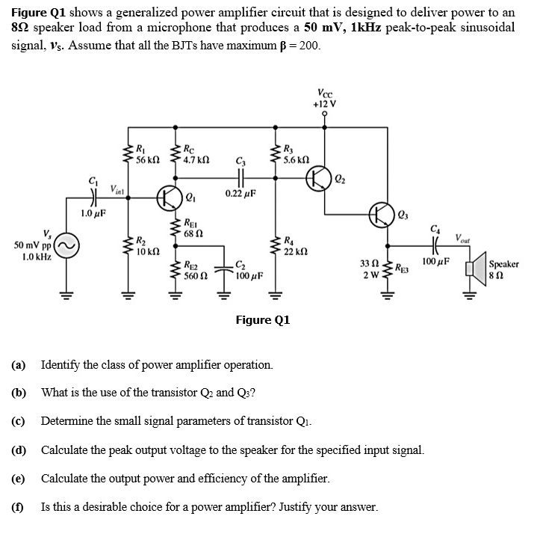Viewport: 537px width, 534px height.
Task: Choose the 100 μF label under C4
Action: (x=436, y=263)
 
